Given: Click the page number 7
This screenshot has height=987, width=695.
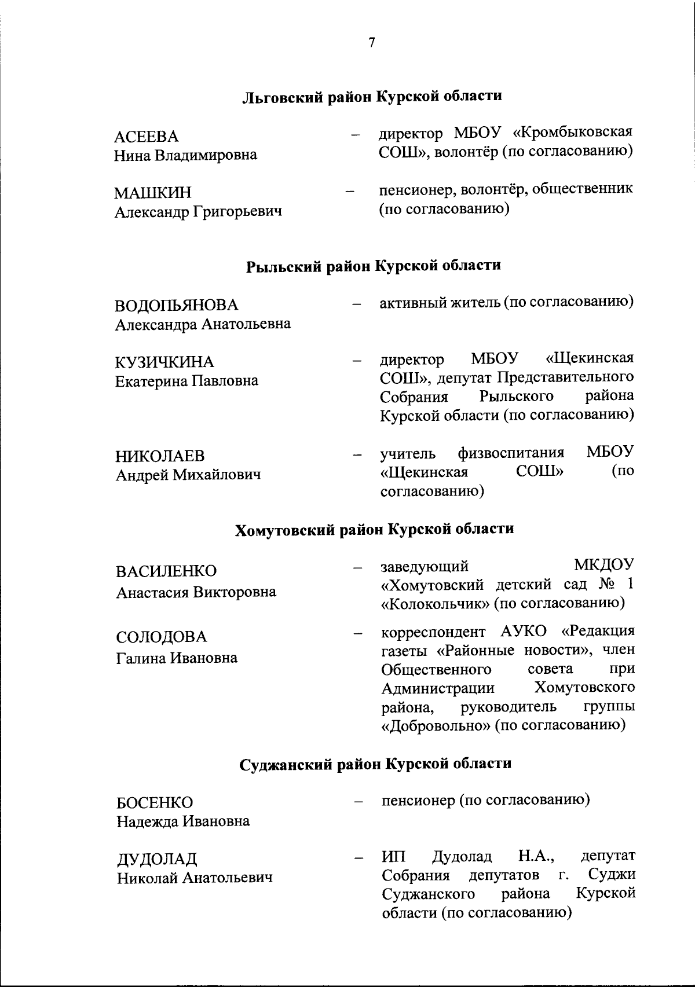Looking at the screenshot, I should [371, 42].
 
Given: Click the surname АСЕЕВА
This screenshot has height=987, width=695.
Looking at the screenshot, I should [146, 137].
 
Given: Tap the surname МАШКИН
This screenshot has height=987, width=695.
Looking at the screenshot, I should [152, 192].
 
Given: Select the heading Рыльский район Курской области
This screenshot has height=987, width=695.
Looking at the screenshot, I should [374, 266].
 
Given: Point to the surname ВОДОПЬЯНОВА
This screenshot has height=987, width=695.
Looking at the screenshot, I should [177, 305].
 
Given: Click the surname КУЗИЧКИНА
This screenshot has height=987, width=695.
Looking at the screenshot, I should [164, 362].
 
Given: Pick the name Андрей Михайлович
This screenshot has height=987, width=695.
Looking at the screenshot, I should [188, 475].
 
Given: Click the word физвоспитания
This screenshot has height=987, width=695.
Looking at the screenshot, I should [511, 452].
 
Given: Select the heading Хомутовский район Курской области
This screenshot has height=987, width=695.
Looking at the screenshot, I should [374, 529].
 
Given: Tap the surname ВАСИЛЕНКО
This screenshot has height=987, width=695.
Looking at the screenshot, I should [166, 571].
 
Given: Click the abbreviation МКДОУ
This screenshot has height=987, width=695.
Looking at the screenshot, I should [604, 564].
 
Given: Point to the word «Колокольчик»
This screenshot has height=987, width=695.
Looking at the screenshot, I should [434, 603].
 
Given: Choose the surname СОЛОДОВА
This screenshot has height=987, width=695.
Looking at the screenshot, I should [161, 637].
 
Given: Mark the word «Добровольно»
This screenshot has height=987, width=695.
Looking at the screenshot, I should [435, 725].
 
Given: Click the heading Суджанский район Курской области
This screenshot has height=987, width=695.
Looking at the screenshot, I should [375, 764].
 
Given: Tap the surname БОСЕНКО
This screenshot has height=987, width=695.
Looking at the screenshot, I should [155, 802].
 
